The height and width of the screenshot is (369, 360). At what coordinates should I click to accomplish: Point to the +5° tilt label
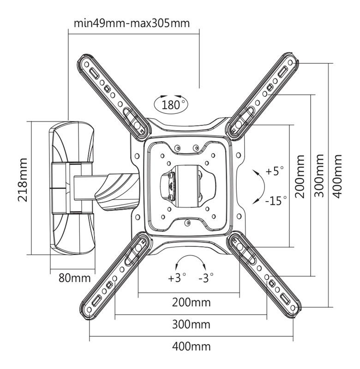tap(275, 171)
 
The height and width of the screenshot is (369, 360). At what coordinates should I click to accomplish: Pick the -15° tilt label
tap(276, 201)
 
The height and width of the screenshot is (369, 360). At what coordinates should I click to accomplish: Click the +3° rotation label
tap(177, 278)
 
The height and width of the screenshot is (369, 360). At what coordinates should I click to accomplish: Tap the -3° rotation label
tap(206, 278)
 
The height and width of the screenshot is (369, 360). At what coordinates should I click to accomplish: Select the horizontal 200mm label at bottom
tap(191, 303)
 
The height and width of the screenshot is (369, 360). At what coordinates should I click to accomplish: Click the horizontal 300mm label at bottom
tap(191, 324)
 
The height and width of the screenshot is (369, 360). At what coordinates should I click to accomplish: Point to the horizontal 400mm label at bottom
tap(191, 346)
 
